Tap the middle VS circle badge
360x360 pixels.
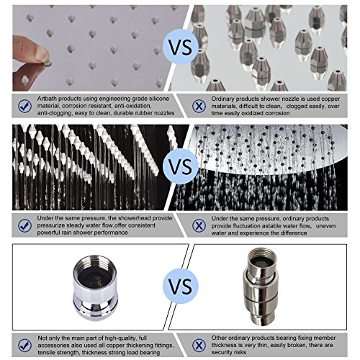(181, 166)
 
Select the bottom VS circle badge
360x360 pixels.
(181, 286)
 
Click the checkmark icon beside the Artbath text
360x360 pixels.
(24, 106)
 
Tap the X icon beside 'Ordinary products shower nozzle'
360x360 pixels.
(199, 106)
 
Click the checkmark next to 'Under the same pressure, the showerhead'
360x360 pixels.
(24, 225)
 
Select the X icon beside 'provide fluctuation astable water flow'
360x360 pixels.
(199, 225)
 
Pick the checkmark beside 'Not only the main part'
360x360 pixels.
(24, 345)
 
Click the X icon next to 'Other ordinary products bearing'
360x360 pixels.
(199, 345)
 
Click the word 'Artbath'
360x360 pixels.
(47, 99)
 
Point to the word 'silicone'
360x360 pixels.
(159, 99)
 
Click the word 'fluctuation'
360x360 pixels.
(248, 226)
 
